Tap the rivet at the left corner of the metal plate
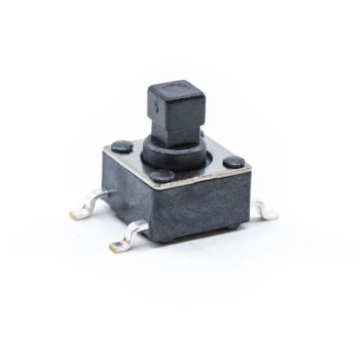(x=122, y=147)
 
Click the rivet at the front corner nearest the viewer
(x=161, y=176)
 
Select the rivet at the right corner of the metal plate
(x=233, y=162)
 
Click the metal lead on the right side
(x=265, y=209)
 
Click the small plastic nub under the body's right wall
(x=232, y=227)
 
